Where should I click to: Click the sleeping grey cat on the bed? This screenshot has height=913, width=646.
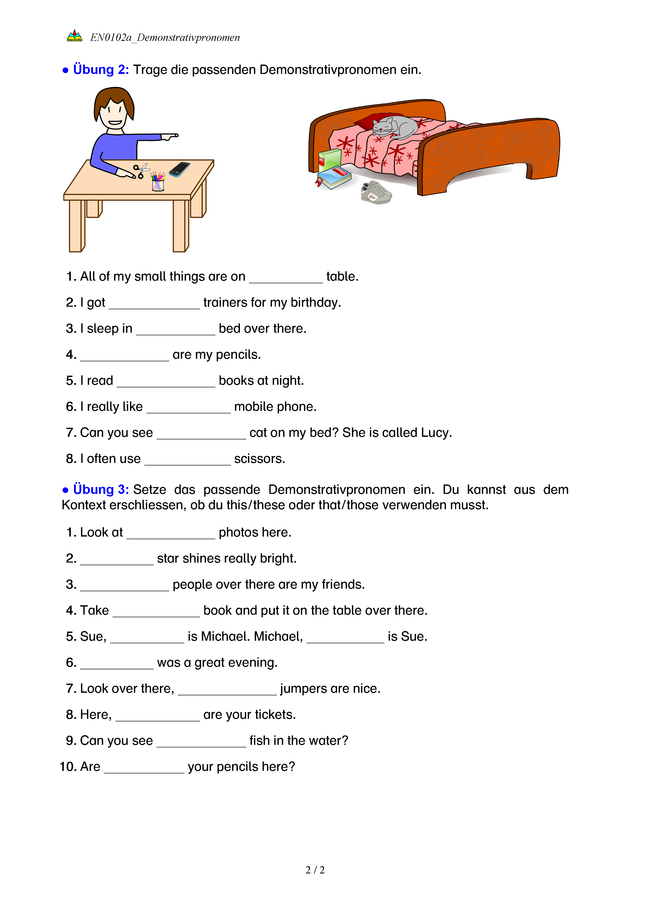point(394,127)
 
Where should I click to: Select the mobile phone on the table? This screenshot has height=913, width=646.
point(180,169)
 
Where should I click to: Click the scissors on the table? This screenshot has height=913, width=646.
point(140,171)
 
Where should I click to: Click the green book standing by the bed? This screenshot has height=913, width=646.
point(330,161)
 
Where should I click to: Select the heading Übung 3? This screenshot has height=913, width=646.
point(101,489)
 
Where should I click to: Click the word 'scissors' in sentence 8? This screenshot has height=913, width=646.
point(259,459)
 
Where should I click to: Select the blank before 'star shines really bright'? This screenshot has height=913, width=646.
point(116,559)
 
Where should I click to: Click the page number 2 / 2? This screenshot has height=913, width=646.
point(315,870)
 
